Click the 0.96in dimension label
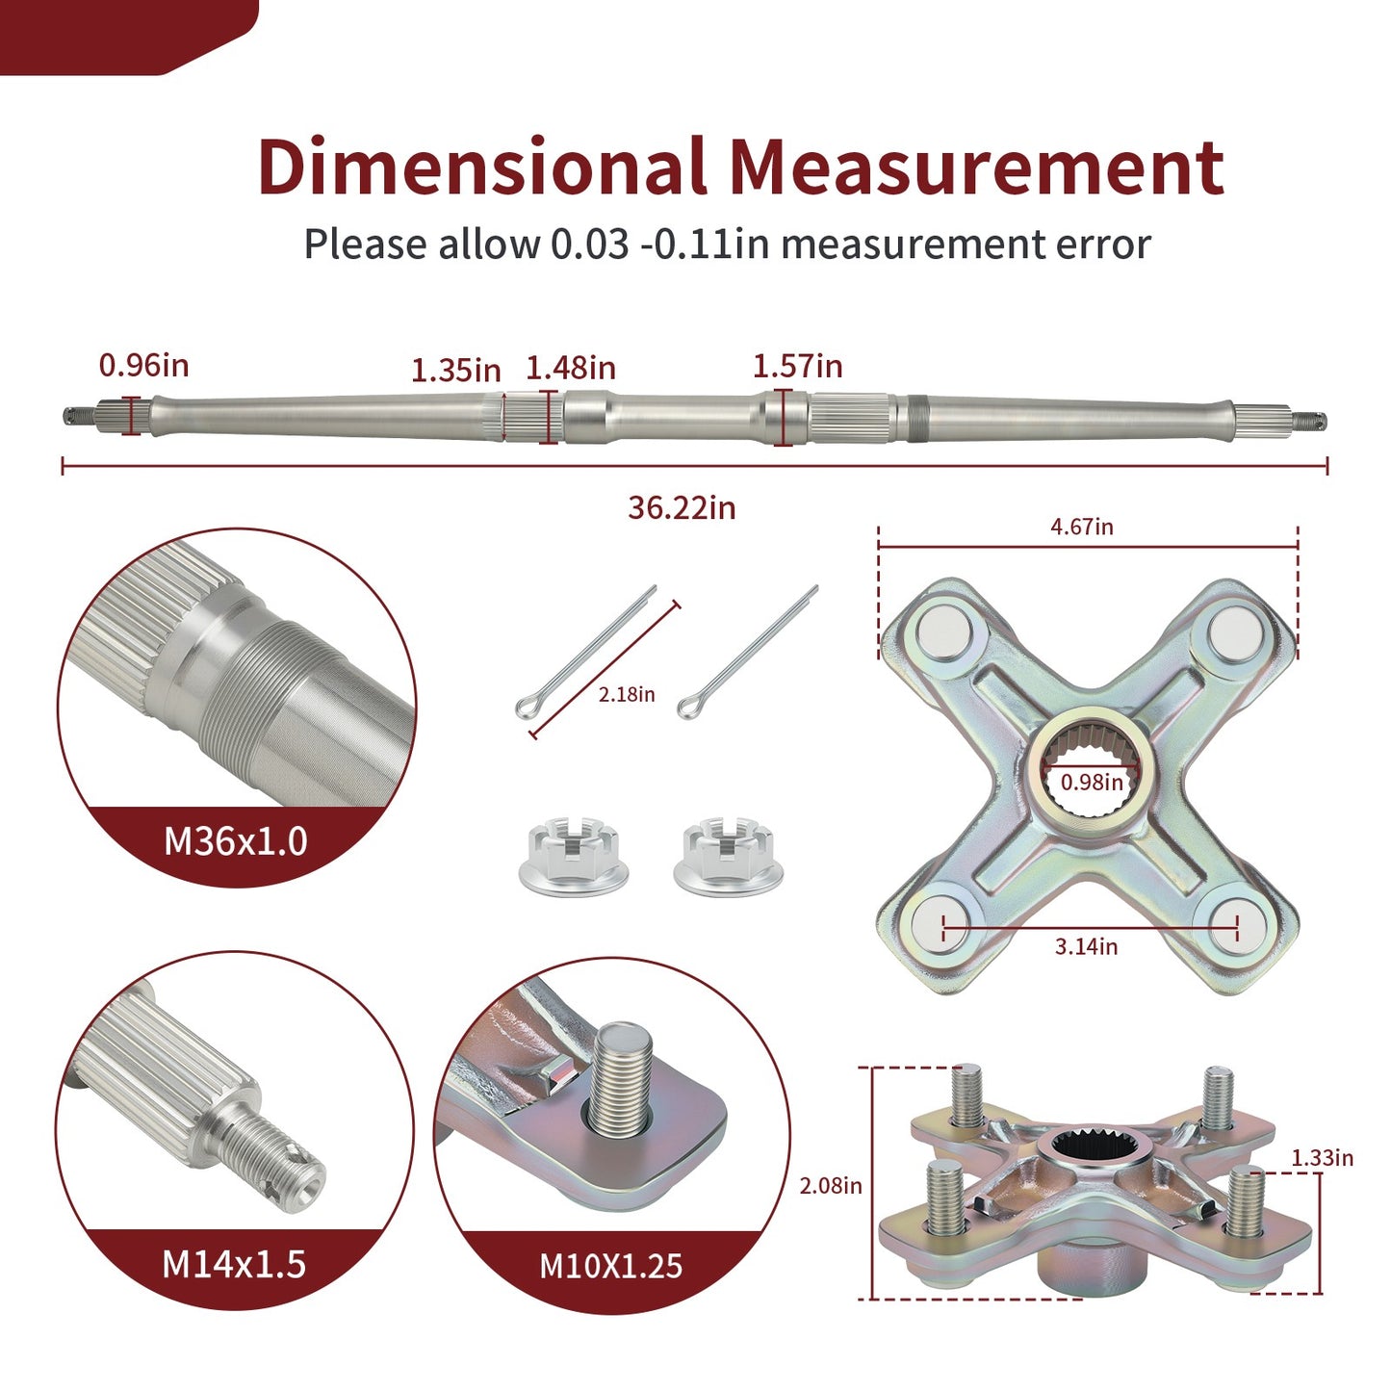pos(143,365)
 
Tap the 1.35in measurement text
pos(455,371)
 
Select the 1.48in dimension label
pos(570,368)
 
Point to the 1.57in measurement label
pos(798,366)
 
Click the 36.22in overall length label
pos(682,508)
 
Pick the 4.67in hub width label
pos(1081,527)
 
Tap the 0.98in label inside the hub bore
pos(1092,782)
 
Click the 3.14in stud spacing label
pos(1086,946)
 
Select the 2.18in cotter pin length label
pos(626,694)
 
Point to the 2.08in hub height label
pos(830,1186)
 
